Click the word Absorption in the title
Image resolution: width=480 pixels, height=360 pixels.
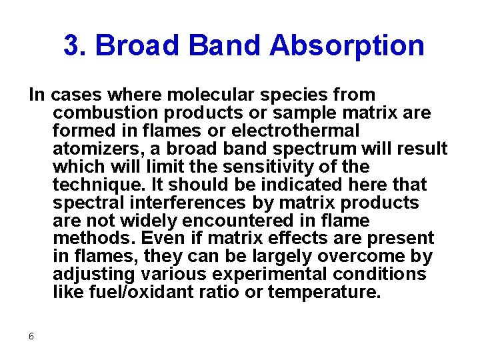point(347,46)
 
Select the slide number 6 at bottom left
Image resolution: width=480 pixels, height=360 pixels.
point(31,336)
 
